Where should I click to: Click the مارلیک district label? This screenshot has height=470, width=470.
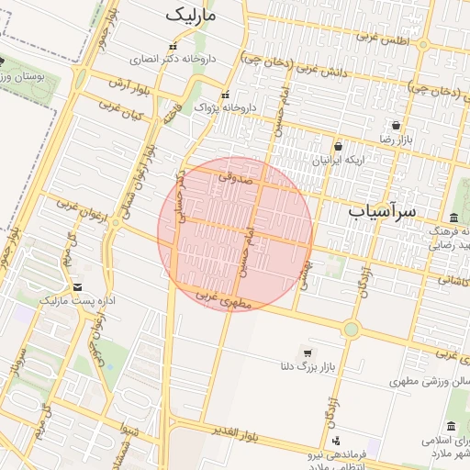click(x=191, y=16)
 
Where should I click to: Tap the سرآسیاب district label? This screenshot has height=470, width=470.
click(x=382, y=211)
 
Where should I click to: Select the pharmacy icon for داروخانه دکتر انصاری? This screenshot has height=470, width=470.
click(x=172, y=47)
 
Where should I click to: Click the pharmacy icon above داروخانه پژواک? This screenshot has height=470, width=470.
click(x=225, y=95)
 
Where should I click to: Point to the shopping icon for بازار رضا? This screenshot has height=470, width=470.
click(x=396, y=126)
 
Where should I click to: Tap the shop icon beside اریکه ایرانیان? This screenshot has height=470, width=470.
click(x=338, y=146)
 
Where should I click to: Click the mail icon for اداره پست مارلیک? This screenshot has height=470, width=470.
click(x=76, y=287)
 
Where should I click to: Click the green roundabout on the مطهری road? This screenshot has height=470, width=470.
click(x=351, y=329)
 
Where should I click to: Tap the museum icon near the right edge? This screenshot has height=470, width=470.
click(x=452, y=427)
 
